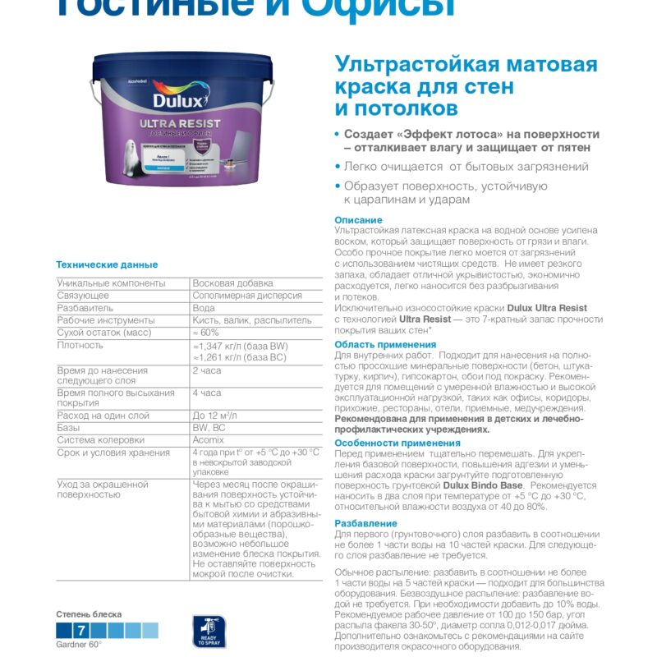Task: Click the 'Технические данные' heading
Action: pos(107,264)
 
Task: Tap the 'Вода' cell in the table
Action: pos(204,308)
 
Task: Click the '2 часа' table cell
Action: pos(206,370)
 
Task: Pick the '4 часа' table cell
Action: pos(206,393)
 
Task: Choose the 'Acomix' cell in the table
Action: pos(210,439)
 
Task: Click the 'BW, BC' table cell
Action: pos(209,428)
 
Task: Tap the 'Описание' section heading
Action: pos(358,220)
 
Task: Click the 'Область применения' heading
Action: pos(385,344)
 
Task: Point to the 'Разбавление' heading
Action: pos(365,523)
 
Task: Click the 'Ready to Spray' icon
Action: pos(209,632)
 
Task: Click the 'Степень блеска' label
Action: pos(89,614)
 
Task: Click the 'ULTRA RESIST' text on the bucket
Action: pos(178,124)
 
